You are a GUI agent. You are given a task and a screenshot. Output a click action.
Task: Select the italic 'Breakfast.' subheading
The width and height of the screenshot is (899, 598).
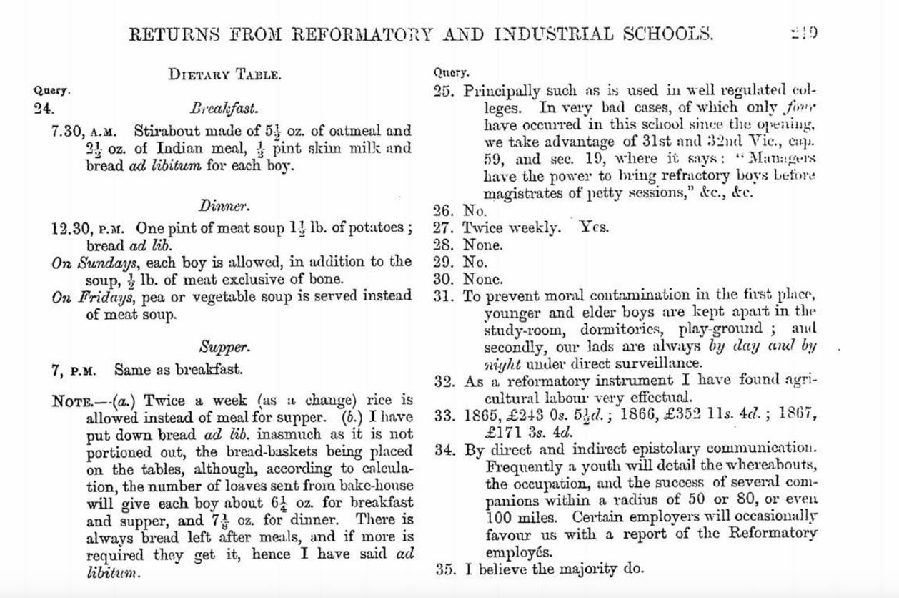pyautogui.click(x=224, y=109)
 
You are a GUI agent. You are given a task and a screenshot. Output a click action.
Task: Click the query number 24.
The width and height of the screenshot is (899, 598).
pyautogui.click(x=44, y=109)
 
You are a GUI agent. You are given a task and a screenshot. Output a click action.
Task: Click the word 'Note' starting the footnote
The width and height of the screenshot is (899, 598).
pyautogui.click(x=70, y=401)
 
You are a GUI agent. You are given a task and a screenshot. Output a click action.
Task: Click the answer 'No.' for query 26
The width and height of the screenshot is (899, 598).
pyautogui.click(x=475, y=211)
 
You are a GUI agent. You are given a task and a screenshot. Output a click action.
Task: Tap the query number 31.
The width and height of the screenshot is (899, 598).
pyautogui.click(x=444, y=295)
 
